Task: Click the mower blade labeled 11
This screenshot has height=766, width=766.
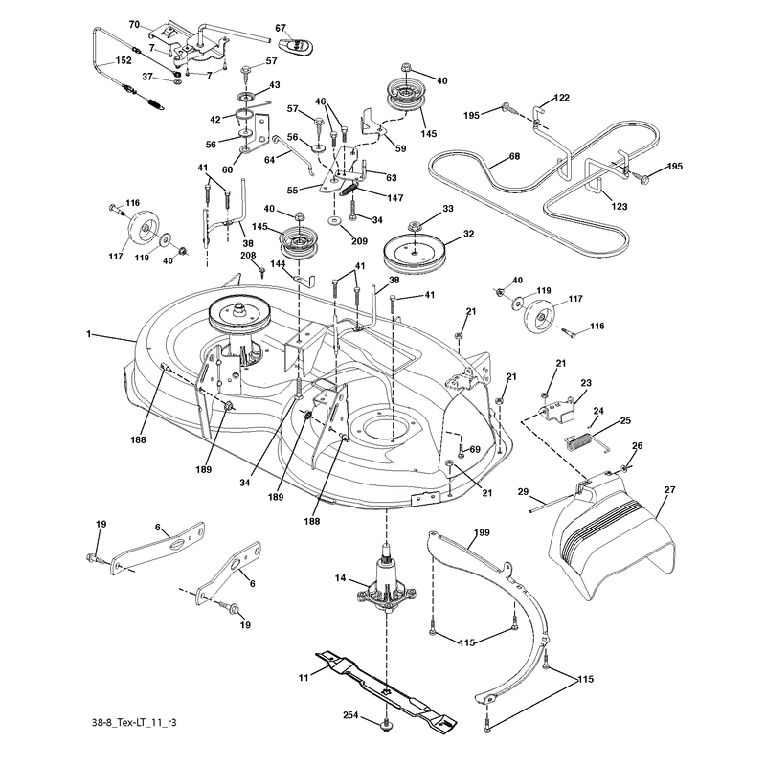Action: pyautogui.click(x=386, y=688)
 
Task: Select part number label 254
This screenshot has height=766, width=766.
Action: pyautogui.click(x=350, y=715)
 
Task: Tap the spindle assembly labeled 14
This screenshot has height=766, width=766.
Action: pyautogui.click(x=387, y=579)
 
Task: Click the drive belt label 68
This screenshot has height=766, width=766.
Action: pyautogui.click(x=514, y=156)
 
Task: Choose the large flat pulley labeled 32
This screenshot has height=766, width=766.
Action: pyautogui.click(x=416, y=255)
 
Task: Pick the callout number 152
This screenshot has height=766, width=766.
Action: pyautogui.click(x=124, y=60)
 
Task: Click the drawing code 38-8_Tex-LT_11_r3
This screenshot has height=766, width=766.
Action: pyautogui.click(x=134, y=722)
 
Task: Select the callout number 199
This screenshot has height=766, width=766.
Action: pyautogui.click(x=482, y=532)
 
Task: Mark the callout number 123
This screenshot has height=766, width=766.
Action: pyautogui.click(x=619, y=206)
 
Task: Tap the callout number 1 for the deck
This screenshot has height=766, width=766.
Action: pyautogui.click(x=88, y=334)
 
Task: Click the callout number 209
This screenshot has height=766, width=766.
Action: pyautogui.click(x=359, y=241)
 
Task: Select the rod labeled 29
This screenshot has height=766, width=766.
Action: pyautogui.click(x=552, y=504)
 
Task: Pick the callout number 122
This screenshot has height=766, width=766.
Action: pyautogui.click(x=561, y=98)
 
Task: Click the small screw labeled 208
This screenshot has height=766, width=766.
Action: pyautogui.click(x=262, y=272)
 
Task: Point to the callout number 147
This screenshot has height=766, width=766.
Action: pyautogui.click(x=394, y=198)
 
